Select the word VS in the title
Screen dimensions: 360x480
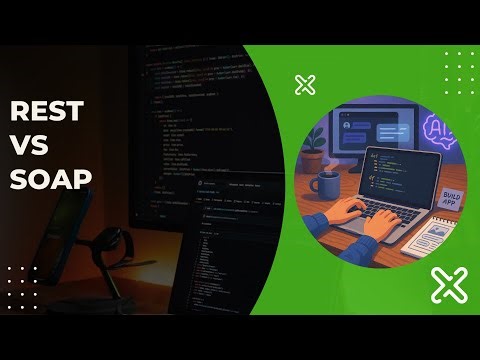pyautogui.click(x=31, y=144)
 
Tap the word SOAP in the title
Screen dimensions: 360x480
pyautogui.click(x=51, y=179)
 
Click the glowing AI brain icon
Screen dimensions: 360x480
pyautogui.click(x=440, y=131)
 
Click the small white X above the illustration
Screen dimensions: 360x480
pyautogui.click(x=305, y=85)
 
